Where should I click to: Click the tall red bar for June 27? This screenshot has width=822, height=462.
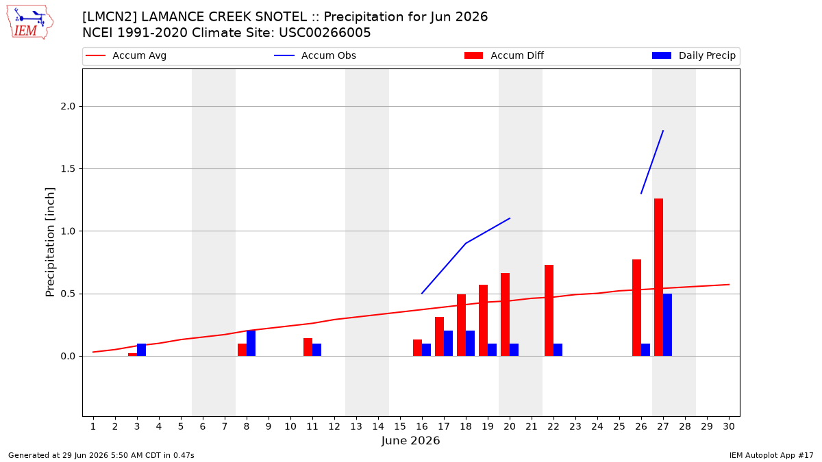click(x=658, y=277)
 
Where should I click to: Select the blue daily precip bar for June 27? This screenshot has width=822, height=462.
click(x=667, y=325)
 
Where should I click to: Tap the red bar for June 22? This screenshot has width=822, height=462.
click(x=549, y=310)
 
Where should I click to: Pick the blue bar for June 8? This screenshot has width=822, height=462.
click(x=251, y=343)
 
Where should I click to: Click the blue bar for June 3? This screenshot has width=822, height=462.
click(x=141, y=350)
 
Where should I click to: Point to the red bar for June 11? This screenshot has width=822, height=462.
click(x=308, y=347)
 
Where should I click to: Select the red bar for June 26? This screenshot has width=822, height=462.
click(x=636, y=307)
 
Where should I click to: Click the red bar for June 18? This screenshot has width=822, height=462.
click(x=461, y=325)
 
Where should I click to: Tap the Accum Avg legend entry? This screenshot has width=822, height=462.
click(x=126, y=55)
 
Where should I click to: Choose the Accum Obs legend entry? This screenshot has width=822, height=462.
click(x=315, y=55)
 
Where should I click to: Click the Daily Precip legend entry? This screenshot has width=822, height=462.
click(x=693, y=55)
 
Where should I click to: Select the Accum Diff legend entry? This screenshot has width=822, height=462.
click(x=504, y=55)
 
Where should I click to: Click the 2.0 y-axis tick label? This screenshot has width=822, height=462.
click(x=68, y=106)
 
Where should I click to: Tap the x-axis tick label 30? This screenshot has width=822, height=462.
click(x=729, y=426)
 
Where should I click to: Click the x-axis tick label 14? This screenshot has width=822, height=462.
click(x=378, y=426)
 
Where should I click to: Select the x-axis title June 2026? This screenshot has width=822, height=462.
click(x=410, y=440)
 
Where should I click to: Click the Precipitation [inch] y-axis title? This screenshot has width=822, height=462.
click(x=50, y=242)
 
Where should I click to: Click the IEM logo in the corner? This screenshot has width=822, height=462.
click(x=29, y=23)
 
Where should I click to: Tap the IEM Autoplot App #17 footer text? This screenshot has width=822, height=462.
click(x=771, y=455)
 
